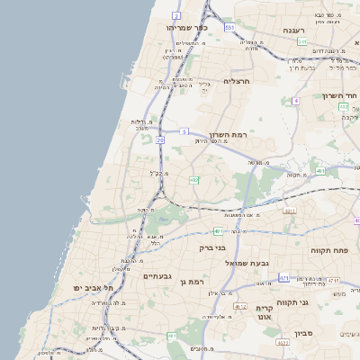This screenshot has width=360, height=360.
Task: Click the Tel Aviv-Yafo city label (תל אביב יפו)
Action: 95,287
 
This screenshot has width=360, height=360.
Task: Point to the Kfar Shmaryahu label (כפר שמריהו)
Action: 187,28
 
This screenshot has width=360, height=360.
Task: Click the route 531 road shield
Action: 230,28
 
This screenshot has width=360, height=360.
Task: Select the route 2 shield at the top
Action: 176,16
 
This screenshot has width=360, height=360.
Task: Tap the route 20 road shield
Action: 160,140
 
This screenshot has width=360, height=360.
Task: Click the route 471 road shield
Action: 284,278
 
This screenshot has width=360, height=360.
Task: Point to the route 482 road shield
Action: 344,107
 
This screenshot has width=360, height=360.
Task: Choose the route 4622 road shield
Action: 283,342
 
